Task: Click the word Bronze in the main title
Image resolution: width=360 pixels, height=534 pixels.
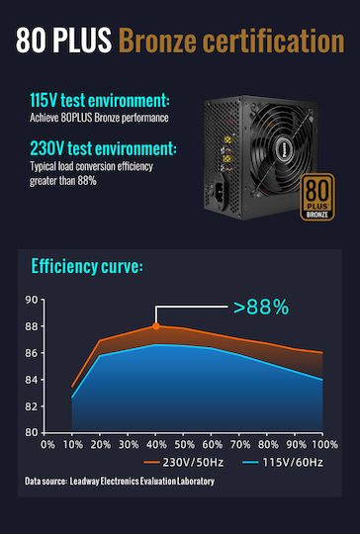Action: click(x=158, y=41)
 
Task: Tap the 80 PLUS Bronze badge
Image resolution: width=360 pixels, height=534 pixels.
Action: click(x=317, y=197)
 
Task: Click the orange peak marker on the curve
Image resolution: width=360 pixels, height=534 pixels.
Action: click(x=156, y=326)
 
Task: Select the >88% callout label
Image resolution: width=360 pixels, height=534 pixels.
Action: click(x=261, y=308)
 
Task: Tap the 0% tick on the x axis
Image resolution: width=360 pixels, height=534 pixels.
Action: click(x=47, y=444)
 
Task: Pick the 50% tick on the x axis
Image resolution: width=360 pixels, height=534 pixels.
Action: click(x=184, y=444)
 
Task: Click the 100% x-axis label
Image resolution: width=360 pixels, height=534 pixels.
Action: click(x=324, y=444)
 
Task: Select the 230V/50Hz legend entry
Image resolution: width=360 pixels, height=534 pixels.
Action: click(x=184, y=463)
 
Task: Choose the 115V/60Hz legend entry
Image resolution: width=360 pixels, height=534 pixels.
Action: click(x=283, y=463)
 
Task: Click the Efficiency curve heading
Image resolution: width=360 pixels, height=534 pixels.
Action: click(x=87, y=266)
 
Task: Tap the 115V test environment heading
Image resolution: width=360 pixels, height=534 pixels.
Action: click(x=100, y=100)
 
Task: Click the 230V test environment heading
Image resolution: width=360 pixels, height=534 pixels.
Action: click(x=103, y=148)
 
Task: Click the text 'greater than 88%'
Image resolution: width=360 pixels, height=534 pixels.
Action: click(x=63, y=181)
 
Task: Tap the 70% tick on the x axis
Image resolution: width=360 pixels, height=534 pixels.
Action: click(x=240, y=444)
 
